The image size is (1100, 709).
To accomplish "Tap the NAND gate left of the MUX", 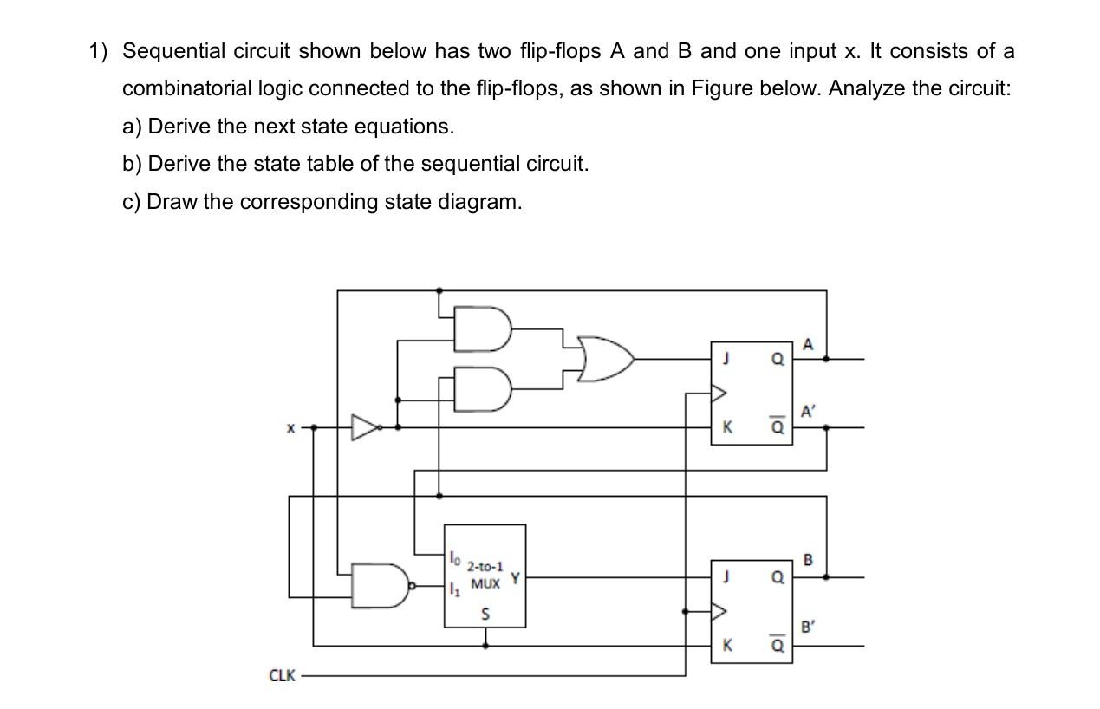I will [x=381, y=585].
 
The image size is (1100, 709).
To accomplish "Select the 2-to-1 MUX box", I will [x=485, y=576].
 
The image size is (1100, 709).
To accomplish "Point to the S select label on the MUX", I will [x=485, y=614].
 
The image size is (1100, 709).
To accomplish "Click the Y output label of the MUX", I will [x=515, y=577].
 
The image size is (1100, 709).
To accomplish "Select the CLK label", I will [x=282, y=675].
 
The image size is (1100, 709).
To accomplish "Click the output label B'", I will [x=808, y=627].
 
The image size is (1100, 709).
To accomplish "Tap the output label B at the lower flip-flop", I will [x=809, y=559].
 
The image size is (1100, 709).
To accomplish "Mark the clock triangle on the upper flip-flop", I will [x=718, y=393].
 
